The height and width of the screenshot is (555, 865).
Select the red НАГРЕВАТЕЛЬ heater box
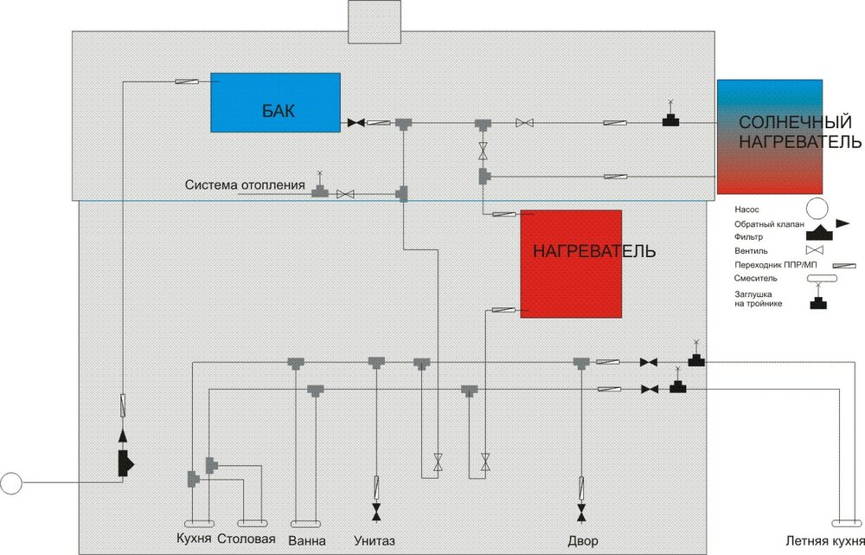[571, 263]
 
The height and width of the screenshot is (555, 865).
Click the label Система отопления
[245, 185]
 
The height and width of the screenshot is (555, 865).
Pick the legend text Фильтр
[748, 236]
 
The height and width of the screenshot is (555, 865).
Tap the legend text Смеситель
[755, 279]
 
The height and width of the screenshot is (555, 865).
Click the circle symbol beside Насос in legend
[815, 208]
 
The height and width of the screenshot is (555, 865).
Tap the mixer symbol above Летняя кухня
[839, 523]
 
